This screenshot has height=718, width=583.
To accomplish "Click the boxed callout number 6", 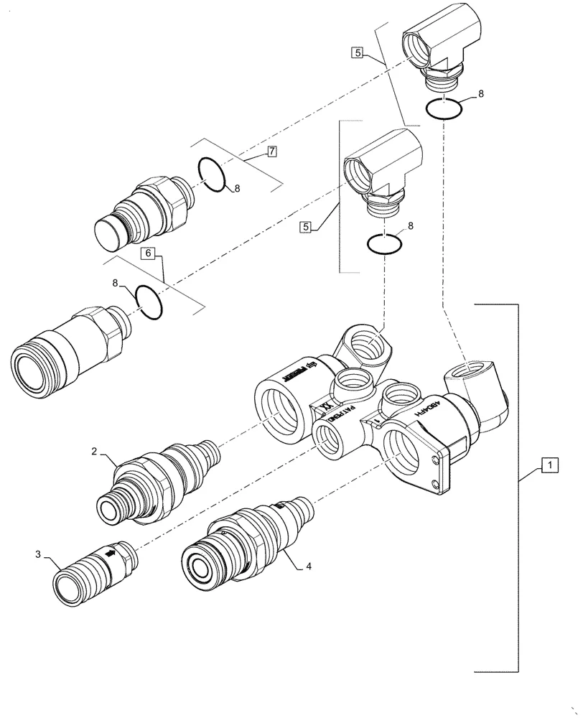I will pyautogui.click(x=147, y=253).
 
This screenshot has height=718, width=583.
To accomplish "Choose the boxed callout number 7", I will pyautogui.click(x=271, y=151).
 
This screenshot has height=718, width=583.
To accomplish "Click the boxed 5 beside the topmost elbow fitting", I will pyautogui.click(x=357, y=52).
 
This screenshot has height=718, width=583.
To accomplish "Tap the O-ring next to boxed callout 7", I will pyautogui.click(x=213, y=174).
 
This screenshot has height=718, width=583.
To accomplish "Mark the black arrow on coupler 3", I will pyautogui.click(x=111, y=554).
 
